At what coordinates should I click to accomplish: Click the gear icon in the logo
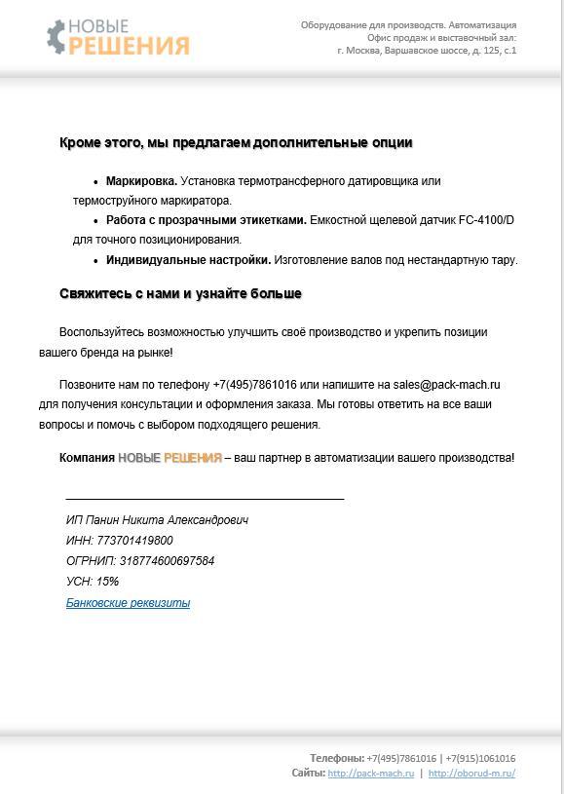pyautogui.click(x=56, y=36)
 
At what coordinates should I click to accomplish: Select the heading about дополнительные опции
pyautogui.click(x=236, y=143)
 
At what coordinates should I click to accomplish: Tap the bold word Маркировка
pyautogui.click(x=141, y=181)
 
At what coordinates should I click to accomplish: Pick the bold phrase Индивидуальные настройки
pyautogui.click(x=188, y=260)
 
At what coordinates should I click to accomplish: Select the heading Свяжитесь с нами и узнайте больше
pyautogui.click(x=180, y=293)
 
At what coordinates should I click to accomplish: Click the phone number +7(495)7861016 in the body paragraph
pyautogui.click(x=254, y=385)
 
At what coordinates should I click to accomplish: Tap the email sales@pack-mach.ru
pyautogui.click(x=446, y=385)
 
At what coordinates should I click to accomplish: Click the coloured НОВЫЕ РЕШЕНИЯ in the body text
pyautogui.click(x=169, y=458)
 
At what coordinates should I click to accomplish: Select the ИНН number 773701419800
pyautogui.click(x=134, y=541)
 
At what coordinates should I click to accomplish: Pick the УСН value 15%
pyautogui.click(x=107, y=582)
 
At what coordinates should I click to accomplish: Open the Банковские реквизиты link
pyautogui.click(x=128, y=603)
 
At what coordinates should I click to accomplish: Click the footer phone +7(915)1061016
pyautogui.click(x=480, y=758)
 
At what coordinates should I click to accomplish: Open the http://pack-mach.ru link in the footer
pyautogui.click(x=370, y=774)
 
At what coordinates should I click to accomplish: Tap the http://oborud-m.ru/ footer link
pyautogui.click(x=471, y=774)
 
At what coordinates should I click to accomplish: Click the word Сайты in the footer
pyautogui.click(x=307, y=774)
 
